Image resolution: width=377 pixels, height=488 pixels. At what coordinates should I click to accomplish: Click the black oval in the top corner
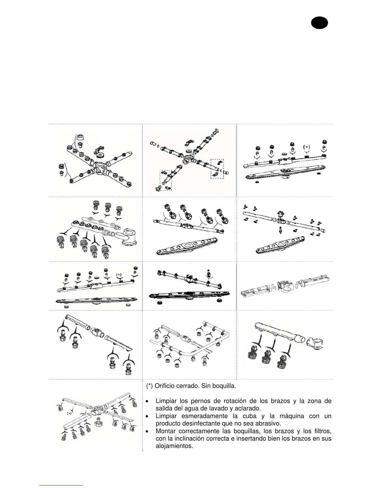tap(319, 23)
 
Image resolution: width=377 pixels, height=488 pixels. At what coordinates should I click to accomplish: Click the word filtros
tap(322, 431)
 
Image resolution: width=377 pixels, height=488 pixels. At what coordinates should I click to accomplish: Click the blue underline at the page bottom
tap(61, 485)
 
